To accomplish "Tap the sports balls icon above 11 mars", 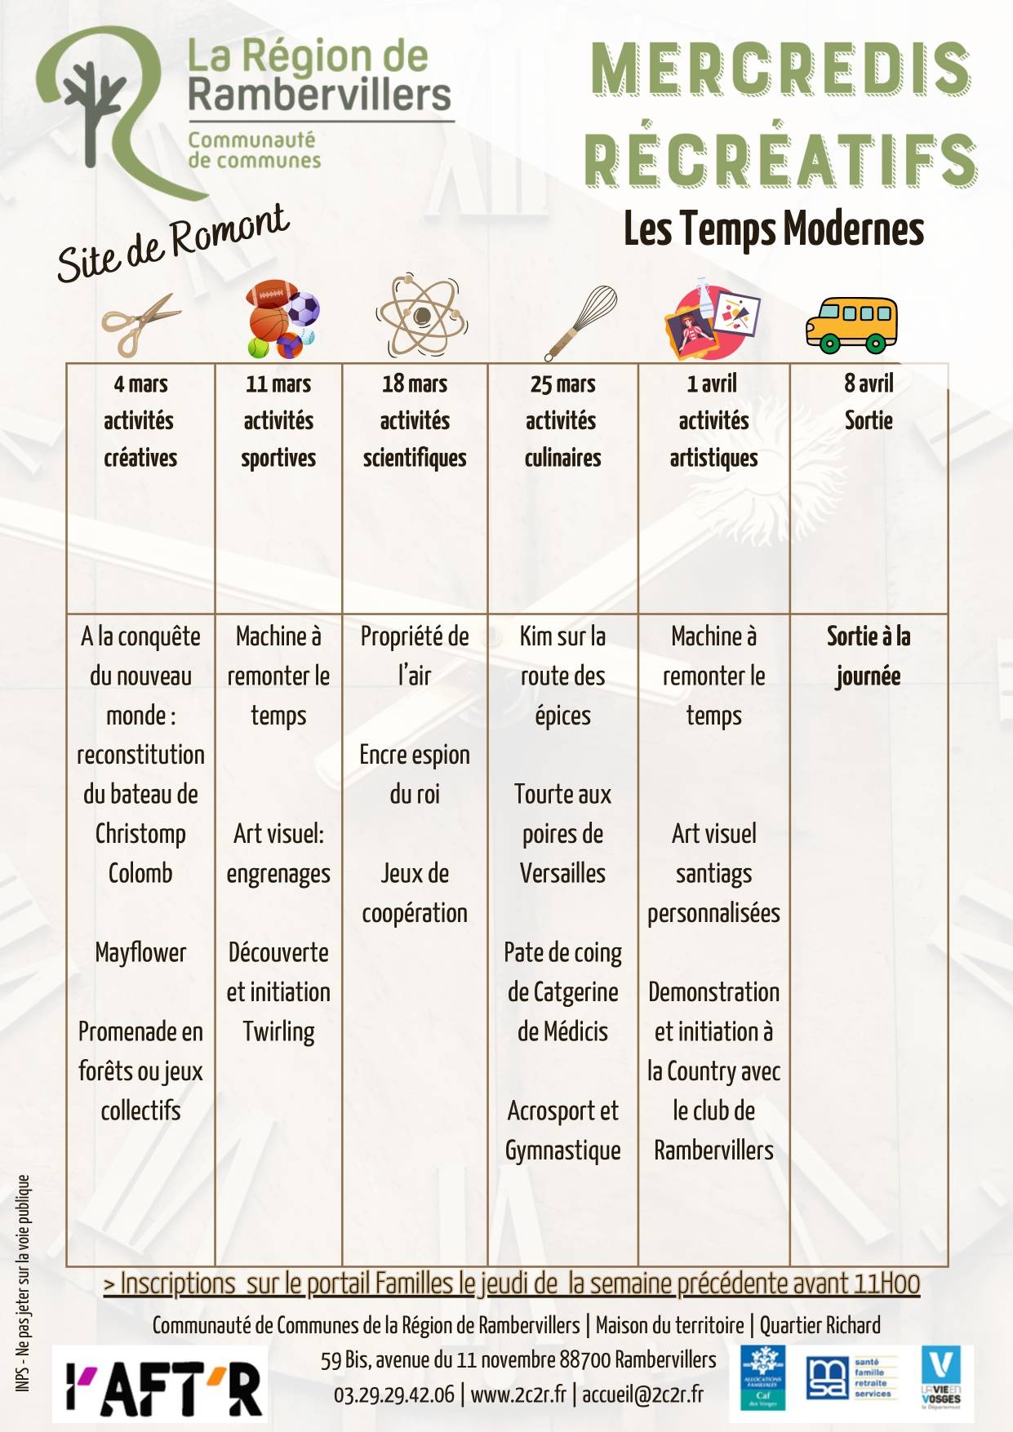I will pos(282,320).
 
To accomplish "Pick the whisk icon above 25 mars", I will pos(581,321).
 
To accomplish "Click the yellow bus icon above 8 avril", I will pos(851,324).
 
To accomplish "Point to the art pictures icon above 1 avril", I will pos(713,320).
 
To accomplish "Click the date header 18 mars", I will pos(415,383).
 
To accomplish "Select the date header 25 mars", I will pos(562,383).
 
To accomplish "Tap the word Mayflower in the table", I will pos(140,952).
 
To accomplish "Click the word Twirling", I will pos(278,1031).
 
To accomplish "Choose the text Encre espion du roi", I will pos(415,774).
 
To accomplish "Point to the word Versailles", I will pos(562,873).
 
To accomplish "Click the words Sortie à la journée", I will pos(868,656).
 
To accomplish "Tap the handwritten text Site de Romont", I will pos(173,242).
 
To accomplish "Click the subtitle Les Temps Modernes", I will pos(773,229).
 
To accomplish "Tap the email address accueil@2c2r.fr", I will pos(642,1394).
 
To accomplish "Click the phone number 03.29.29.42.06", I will pos(393,1394).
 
